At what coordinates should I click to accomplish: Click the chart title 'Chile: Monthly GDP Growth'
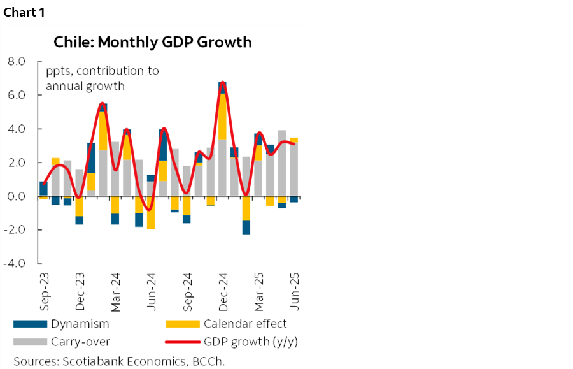153,43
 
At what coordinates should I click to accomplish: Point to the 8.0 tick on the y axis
16,62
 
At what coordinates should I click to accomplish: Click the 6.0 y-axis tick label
16,96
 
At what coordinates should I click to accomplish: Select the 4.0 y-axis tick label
16,129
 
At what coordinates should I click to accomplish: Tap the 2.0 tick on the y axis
16,163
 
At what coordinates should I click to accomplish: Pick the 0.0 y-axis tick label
16,196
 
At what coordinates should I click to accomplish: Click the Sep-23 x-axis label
43,288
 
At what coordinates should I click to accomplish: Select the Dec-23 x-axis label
80,288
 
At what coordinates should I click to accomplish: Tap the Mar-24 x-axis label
115,288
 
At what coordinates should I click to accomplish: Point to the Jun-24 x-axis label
151,288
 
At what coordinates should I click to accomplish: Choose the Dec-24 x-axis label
223,288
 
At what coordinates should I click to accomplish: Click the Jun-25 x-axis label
294,288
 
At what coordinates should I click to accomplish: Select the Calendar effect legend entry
245,324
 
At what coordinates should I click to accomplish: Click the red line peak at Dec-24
222,82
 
